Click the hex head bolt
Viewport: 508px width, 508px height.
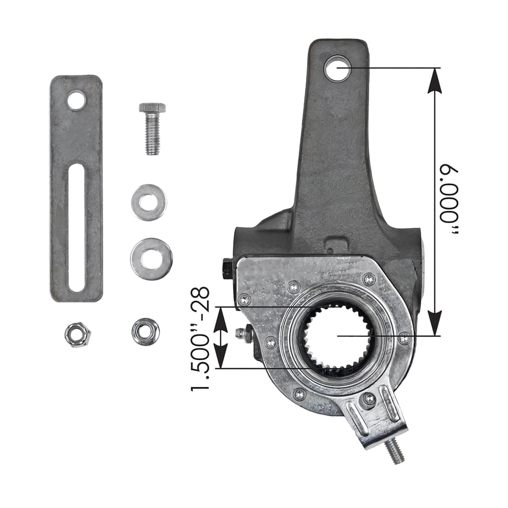[x=152, y=128]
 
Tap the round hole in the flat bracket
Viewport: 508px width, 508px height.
[x=76, y=100]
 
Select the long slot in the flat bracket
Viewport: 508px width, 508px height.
[x=76, y=228]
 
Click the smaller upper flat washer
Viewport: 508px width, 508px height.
[x=149, y=202]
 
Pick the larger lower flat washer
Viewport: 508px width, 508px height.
[x=151, y=259]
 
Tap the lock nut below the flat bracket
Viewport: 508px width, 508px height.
[x=78, y=335]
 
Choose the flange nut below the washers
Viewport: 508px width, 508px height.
[x=145, y=332]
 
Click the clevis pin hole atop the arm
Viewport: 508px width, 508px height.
[x=337, y=68]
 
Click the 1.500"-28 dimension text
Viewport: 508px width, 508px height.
[x=200, y=339]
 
